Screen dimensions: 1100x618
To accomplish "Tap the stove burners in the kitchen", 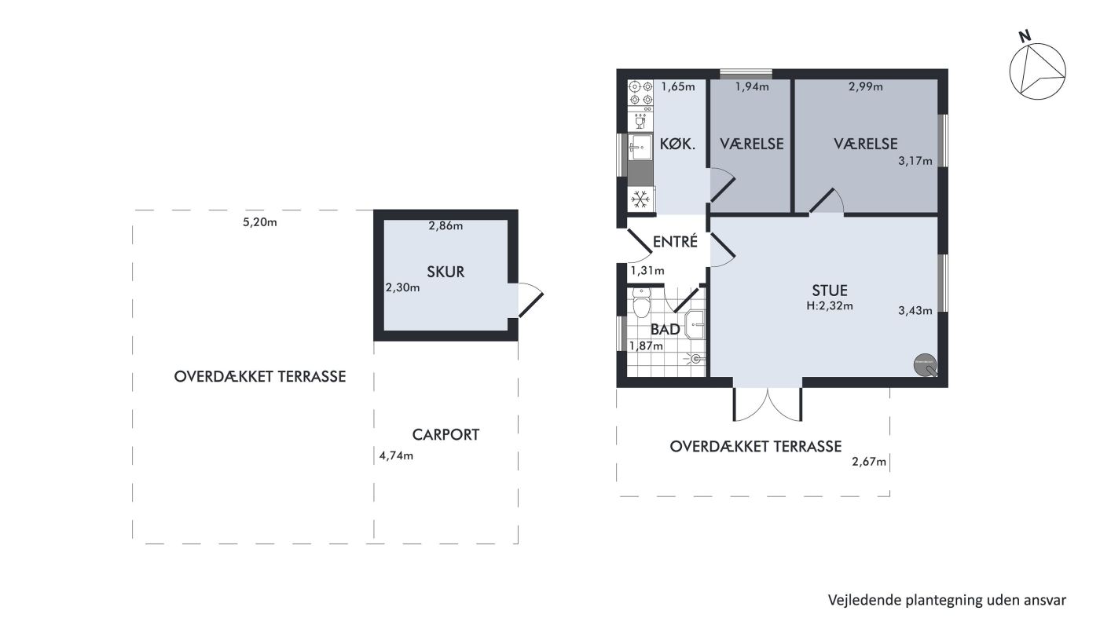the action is (x=641, y=93).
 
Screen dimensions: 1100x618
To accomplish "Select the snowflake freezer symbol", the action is (x=640, y=199).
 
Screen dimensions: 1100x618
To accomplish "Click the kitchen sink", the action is (x=640, y=148).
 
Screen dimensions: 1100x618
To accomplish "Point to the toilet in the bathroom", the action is (x=641, y=303).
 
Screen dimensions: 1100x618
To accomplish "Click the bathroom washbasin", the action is (x=695, y=324).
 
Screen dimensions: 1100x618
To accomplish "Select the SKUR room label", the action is (x=445, y=272).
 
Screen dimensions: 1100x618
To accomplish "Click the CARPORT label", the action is (x=445, y=434).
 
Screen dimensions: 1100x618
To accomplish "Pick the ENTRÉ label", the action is (x=675, y=241).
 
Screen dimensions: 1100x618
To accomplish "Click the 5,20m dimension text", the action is (x=260, y=222).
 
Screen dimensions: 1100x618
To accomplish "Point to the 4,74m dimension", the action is (x=396, y=455).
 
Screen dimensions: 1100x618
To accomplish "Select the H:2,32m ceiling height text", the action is (x=830, y=305).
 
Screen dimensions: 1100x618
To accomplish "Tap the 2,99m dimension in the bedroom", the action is (x=865, y=87).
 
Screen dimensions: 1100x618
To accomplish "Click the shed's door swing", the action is (x=531, y=299).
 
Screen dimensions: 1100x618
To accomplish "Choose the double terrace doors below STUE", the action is (x=768, y=404).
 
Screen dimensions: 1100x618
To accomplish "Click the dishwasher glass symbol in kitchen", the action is (x=640, y=121).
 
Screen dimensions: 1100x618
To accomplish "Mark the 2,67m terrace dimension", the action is (x=869, y=462).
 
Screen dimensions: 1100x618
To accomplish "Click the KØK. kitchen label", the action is (x=677, y=144).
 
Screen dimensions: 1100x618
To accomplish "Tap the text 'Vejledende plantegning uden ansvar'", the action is (x=947, y=600).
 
